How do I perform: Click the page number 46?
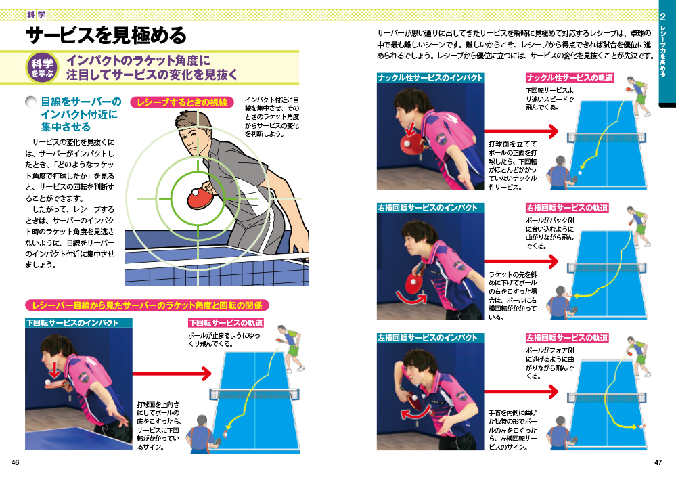tap(15, 463)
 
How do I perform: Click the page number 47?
tap(658, 463)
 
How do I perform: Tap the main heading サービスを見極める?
tap(106, 35)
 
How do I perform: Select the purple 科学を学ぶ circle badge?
tap(42, 68)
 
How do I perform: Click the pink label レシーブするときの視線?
tap(182, 102)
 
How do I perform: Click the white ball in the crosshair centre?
tap(196, 192)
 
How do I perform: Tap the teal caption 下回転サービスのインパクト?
tap(72, 323)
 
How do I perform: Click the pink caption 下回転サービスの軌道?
tap(226, 323)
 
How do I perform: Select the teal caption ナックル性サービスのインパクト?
tap(430, 78)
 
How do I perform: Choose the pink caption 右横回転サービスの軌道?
tap(566, 208)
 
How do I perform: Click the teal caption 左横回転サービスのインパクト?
tap(428, 338)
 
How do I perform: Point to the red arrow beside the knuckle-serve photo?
tap(521, 131)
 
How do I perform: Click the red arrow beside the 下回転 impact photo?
tap(172, 374)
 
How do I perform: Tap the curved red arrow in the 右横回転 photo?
tap(411, 299)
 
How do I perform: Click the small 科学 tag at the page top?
tap(37, 15)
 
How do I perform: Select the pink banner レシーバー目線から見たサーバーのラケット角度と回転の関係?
tap(147, 306)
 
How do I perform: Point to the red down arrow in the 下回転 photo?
tap(54, 370)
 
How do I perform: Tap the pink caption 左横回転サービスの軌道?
tap(566, 338)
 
